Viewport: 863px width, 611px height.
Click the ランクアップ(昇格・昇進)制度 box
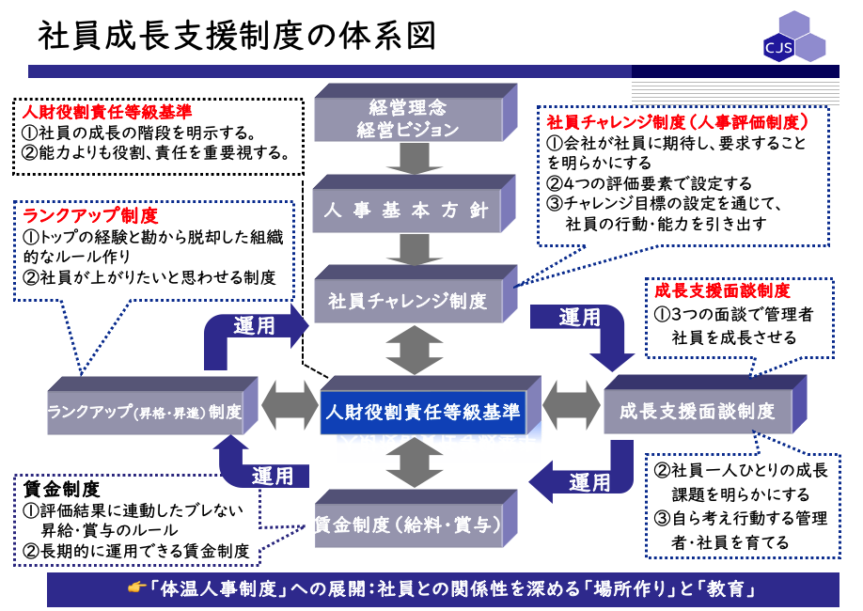point(145,412)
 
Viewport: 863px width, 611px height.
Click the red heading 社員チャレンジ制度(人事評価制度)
point(677,122)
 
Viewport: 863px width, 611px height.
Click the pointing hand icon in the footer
point(137,589)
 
